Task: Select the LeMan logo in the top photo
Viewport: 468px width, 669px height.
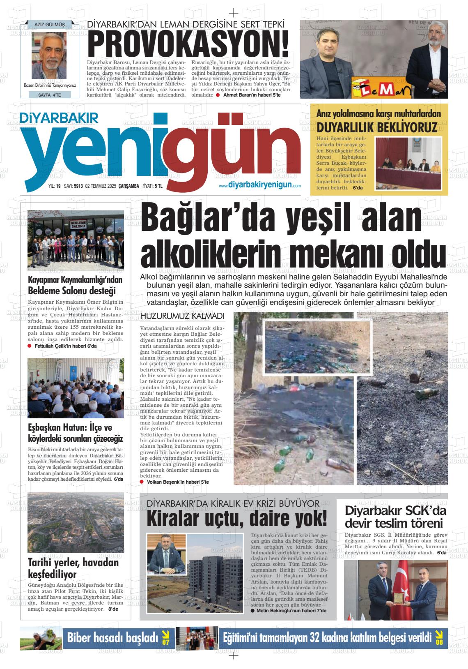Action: point(382,89)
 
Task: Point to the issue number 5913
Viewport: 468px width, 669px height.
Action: point(78,186)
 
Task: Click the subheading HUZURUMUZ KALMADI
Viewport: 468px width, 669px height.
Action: point(182,316)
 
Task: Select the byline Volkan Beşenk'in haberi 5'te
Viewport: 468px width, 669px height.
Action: point(177,482)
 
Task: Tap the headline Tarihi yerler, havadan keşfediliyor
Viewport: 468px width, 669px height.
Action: point(73,568)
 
